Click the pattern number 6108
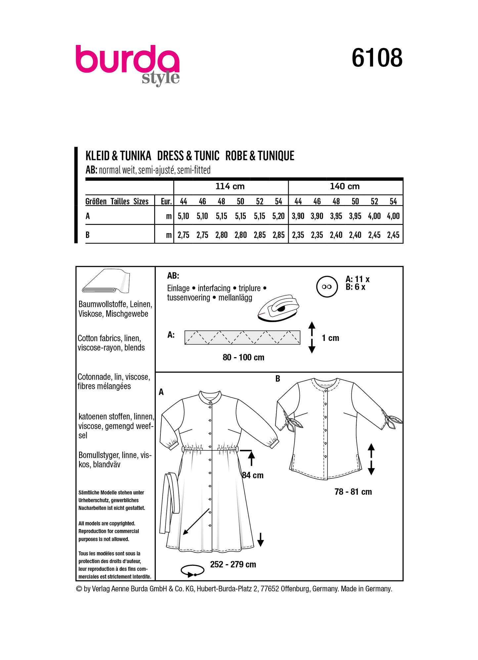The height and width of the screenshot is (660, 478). coord(377,58)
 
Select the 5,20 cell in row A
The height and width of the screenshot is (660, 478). coord(279,216)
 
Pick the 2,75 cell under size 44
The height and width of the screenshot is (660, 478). coord(183,235)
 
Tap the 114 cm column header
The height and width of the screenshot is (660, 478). coord(230,186)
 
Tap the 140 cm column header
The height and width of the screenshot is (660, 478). coord(345,186)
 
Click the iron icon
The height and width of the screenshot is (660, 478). coord(278,308)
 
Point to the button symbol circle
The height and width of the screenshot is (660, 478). coord(327,287)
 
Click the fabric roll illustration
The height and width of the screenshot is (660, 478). coord(106,282)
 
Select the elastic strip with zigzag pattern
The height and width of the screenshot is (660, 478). coord(242,337)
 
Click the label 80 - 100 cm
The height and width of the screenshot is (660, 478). coord(243,357)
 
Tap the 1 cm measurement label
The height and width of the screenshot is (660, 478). coord(330,338)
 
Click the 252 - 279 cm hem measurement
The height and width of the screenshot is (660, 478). coord(233,564)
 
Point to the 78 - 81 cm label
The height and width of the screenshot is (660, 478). coord(353,492)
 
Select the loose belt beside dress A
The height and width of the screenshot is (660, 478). coord(169,503)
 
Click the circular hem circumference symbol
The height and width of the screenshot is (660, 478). coord(192,571)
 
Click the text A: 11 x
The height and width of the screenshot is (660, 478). coord(358,279)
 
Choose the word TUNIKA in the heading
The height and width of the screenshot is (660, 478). coord(135,156)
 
